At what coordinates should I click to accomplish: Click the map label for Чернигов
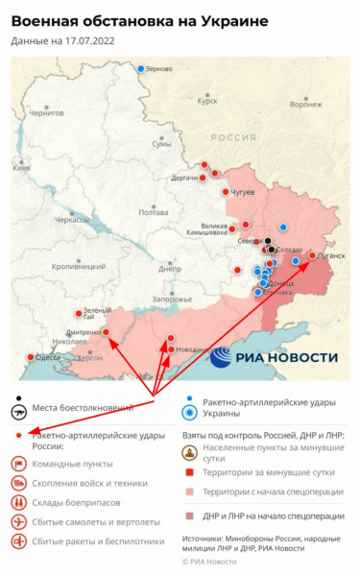[x=46, y=112]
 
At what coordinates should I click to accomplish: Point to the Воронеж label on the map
[x=305, y=105]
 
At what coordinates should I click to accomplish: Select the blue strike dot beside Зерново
[x=141, y=69]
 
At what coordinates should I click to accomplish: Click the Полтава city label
[x=154, y=211]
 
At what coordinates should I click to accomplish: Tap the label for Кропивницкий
[x=76, y=266]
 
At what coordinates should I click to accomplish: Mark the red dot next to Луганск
[x=311, y=255]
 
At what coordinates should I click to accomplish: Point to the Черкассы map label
[x=71, y=220]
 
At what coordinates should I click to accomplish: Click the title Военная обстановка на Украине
[x=140, y=21]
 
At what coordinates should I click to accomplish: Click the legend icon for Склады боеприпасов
[x=18, y=501]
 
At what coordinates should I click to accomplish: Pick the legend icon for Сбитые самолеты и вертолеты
[x=18, y=521]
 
